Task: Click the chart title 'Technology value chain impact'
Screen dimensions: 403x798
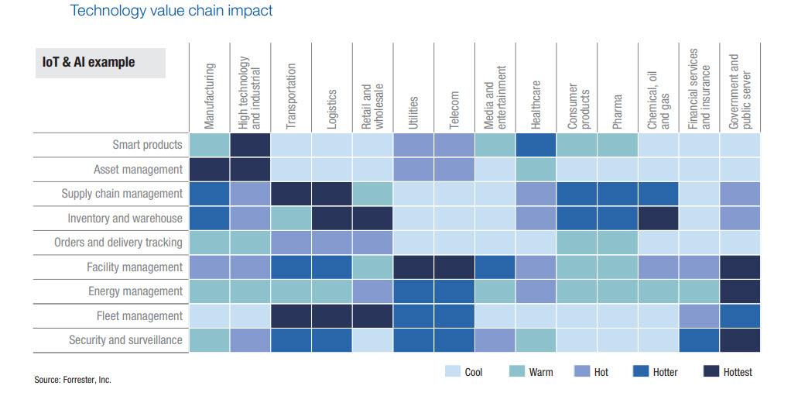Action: point(171,11)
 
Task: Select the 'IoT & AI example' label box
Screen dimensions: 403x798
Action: point(99,63)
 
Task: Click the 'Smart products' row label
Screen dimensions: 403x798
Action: point(147,145)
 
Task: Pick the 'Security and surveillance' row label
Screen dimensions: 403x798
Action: point(125,340)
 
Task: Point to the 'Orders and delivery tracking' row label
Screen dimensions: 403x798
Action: point(118,243)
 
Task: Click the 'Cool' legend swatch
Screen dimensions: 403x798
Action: point(453,372)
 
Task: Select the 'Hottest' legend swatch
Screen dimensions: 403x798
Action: point(712,372)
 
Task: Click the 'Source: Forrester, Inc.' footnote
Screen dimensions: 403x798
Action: point(73,380)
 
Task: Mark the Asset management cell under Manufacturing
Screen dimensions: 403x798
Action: point(210,170)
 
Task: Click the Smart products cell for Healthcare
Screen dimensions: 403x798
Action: point(535,145)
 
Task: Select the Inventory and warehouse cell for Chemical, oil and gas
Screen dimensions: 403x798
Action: point(658,219)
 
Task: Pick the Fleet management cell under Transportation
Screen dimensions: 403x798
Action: point(291,316)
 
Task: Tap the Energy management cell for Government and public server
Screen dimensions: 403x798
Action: point(740,291)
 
